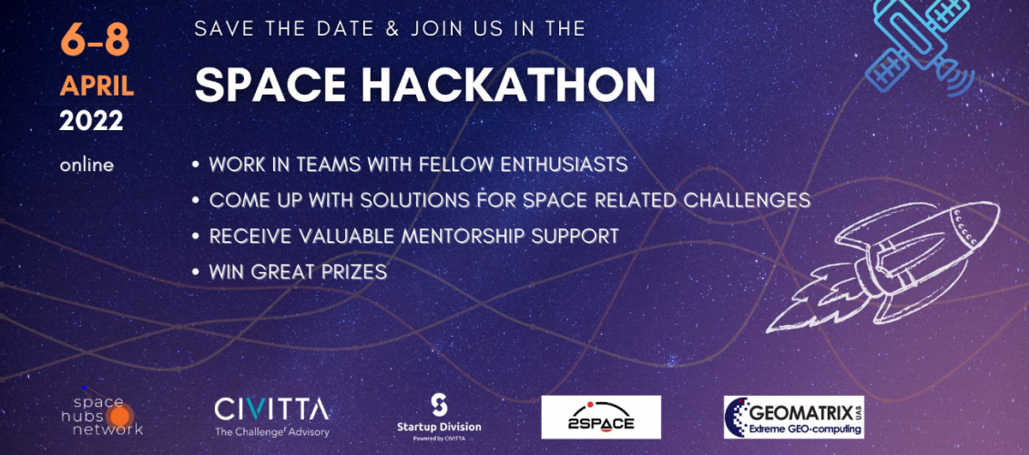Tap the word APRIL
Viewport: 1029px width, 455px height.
pyautogui.click(x=97, y=86)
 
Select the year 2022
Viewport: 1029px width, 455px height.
pyautogui.click(x=91, y=121)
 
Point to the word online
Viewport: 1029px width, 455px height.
pyautogui.click(x=87, y=166)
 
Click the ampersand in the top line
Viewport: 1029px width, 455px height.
pyautogui.click(x=392, y=29)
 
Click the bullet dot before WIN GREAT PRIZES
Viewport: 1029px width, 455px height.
pyautogui.click(x=196, y=272)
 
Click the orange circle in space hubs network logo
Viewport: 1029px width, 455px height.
pyautogui.click(x=119, y=415)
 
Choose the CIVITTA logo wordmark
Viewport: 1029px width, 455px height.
pyautogui.click(x=271, y=409)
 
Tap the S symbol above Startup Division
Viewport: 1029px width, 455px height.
pyautogui.click(x=438, y=405)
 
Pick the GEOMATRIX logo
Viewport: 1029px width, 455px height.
pyautogui.click(x=793, y=417)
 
